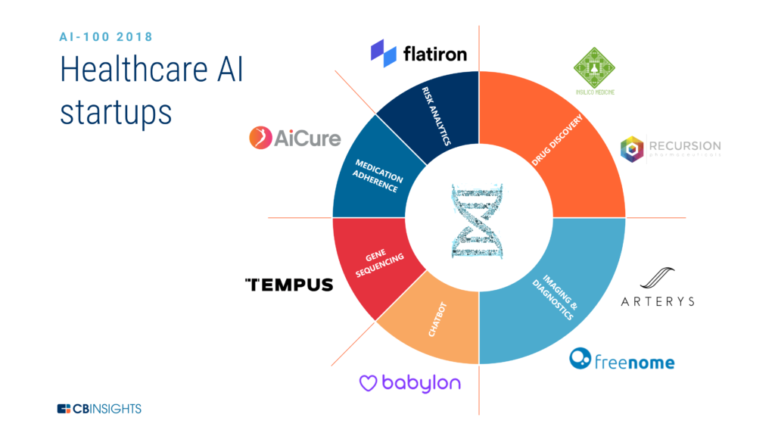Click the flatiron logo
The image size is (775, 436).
[419, 53]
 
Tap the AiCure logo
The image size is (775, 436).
[295, 138]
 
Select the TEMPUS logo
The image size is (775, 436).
[289, 285]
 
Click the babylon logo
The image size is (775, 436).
[409, 382]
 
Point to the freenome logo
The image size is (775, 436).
[621, 360]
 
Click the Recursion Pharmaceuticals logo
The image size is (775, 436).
[670, 148]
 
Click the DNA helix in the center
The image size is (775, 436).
[478, 219]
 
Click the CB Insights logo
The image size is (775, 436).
[99, 409]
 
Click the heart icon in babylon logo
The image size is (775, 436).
[368, 384]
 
